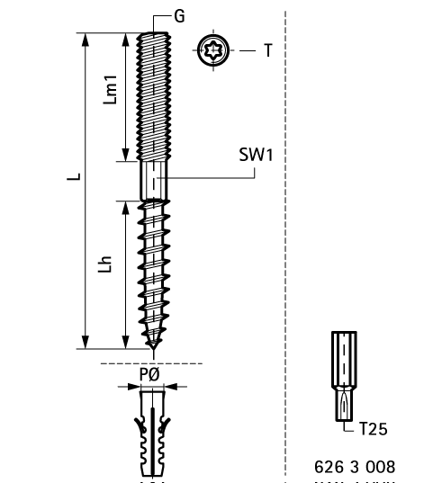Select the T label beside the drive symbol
(x=267, y=51)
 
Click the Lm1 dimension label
(x=110, y=90)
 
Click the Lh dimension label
(x=107, y=267)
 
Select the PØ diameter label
(x=150, y=373)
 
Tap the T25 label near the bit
(x=373, y=429)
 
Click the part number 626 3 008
(x=355, y=468)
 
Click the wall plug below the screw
(x=153, y=432)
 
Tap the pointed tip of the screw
(x=154, y=344)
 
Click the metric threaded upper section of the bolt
(x=154, y=94)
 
